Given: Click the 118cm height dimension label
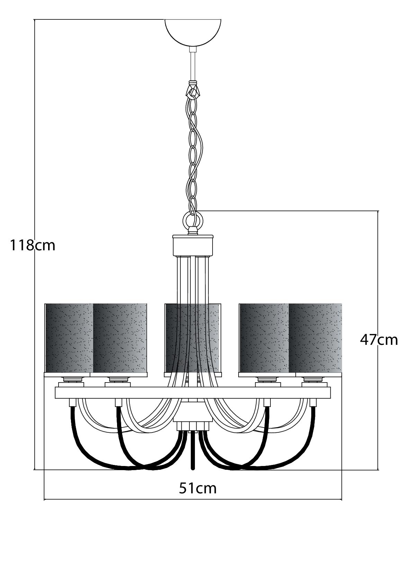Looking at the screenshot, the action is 33,245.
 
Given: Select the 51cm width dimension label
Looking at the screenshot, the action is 198,488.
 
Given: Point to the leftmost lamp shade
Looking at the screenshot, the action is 69,338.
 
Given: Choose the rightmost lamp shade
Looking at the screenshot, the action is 316,338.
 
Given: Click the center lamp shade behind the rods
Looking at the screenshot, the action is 193,338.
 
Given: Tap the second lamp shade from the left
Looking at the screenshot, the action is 120,338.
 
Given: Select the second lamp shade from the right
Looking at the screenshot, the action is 264,338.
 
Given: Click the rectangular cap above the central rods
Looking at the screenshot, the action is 193,245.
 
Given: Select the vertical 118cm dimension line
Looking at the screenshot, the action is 35,245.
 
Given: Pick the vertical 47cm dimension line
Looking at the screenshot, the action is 378,340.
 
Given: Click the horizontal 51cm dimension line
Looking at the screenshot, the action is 193,500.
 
